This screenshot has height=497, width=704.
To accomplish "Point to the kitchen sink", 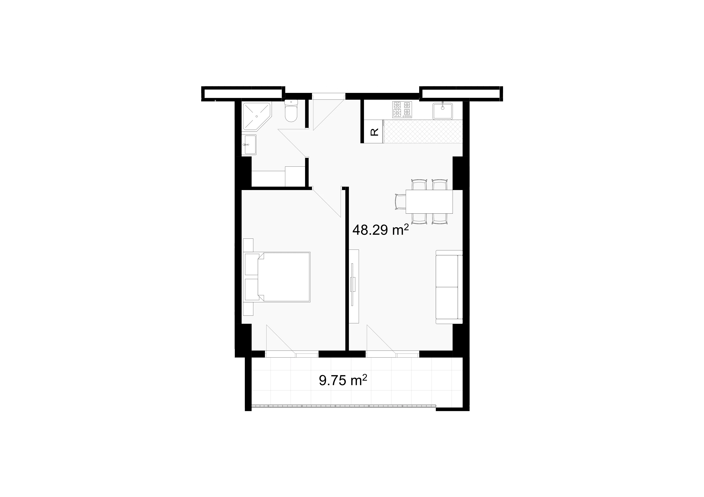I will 442,111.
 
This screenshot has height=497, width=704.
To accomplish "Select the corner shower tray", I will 256,116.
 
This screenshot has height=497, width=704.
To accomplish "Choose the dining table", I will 429,202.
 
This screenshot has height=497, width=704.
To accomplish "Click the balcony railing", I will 343,406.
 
